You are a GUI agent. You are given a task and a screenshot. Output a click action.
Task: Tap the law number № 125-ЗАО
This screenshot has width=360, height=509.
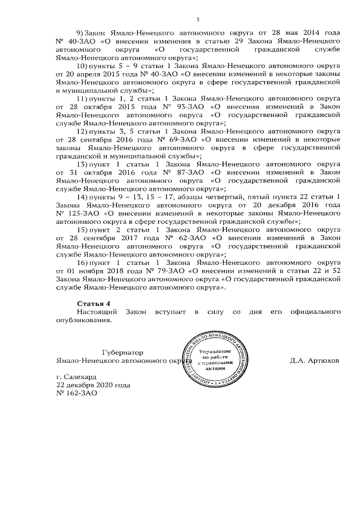[x=70, y=214]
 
